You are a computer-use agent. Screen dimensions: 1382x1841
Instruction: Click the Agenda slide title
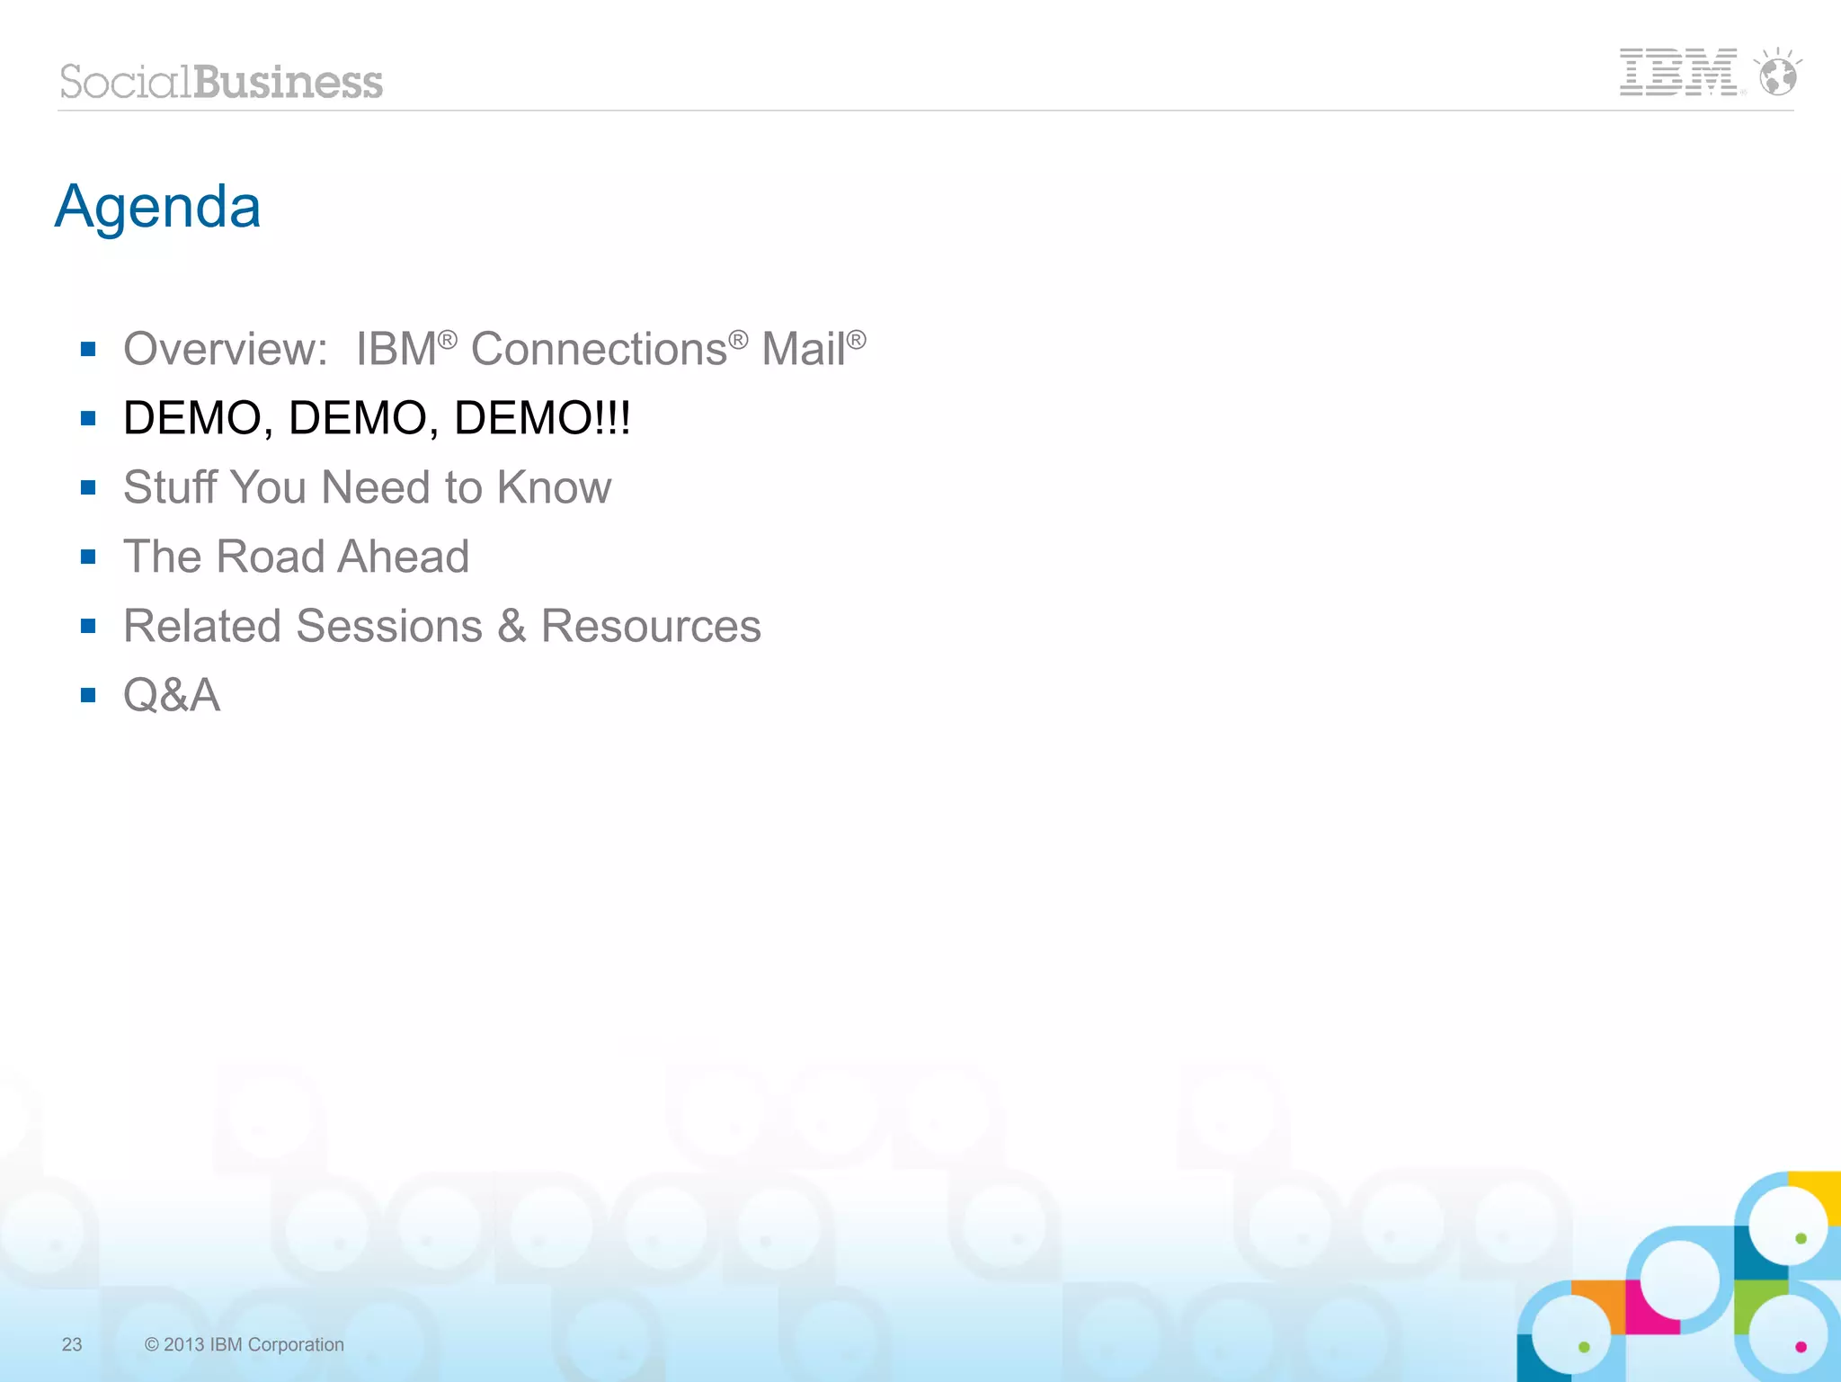pyautogui.click(x=158, y=208)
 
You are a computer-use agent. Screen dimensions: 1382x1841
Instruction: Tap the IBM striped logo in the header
pyautogui.click(x=1678, y=72)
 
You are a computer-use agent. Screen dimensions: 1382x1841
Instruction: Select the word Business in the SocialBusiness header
pyautogui.click(x=288, y=82)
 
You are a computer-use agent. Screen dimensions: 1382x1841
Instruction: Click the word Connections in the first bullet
pyautogui.click(x=599, y=349)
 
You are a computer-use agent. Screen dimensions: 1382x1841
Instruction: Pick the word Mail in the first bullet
pyautogui.click(x=803, y=349)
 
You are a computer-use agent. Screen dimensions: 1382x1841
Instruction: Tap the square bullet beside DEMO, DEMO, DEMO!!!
pyautogui.click(x=88, y=418)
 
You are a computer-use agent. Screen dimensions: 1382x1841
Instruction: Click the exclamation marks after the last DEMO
pyautogui.click(x=614, y=418)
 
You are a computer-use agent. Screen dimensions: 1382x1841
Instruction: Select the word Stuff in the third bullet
pyautogui.click(x=170, y=487)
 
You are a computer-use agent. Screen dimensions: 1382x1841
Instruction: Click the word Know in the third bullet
pyautogui.click(x=554, y=487)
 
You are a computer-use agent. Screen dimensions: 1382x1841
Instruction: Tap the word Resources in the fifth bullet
pyautogui.click(x=651, y=626)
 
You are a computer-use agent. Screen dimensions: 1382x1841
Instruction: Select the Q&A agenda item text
pyautogui.click(x=172, y=695)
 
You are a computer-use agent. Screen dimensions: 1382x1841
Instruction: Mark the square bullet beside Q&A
pyautogui.click(x=88, y=695)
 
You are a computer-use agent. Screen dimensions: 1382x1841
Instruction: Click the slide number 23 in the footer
pyautogui.click(x=72, y=1344)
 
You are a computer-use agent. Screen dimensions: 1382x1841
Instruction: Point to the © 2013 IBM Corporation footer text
pyautogui.click(x=245, y=1344)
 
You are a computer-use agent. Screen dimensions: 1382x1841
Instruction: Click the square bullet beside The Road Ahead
pyautogui.click(x=88, y=557)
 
